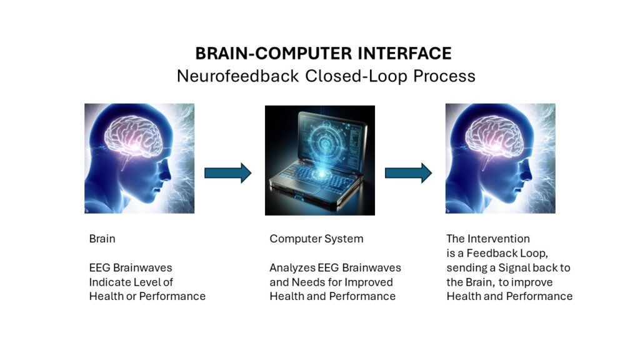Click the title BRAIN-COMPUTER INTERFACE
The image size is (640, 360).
coord(323,54)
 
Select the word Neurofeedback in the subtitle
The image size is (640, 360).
coord(237,76)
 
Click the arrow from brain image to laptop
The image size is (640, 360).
coord(227,173)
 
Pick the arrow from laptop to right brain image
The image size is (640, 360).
coord(408,173)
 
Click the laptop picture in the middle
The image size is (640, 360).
coord(320,161)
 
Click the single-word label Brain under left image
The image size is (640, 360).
coord(102,239)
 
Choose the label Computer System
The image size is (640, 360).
coord(316,239)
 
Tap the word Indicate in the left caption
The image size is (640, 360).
coord(107,282)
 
